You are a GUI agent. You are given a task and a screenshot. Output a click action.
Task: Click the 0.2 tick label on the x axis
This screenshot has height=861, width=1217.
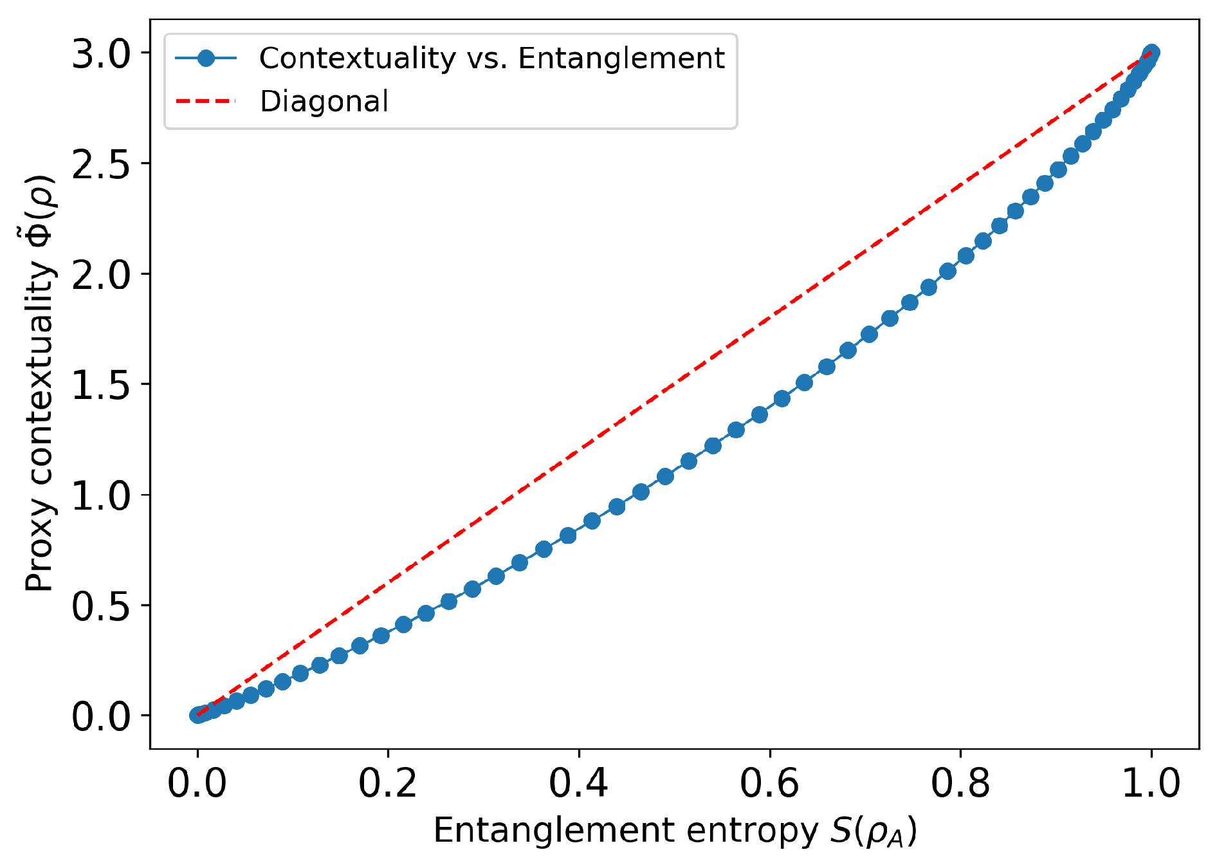click(388, 784)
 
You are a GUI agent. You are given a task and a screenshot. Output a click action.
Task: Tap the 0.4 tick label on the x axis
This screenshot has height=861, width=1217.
click(578, 784)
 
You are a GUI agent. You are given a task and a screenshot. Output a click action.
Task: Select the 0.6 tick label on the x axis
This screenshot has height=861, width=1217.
click(769, 784)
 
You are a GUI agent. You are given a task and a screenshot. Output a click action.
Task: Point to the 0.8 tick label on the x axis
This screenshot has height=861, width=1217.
click(960, 784)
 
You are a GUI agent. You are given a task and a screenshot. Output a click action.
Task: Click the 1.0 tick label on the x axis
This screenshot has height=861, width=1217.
click(1151, 784)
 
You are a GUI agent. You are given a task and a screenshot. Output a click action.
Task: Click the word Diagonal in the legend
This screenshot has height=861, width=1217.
click(324, 102)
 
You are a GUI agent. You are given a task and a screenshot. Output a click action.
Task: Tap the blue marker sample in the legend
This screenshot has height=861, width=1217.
click(206, 58)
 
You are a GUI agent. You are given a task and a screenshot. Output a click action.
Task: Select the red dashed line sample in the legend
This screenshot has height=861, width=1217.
click(206, 101)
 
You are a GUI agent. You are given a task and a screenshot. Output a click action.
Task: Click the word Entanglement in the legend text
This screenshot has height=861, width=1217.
click(621, 59)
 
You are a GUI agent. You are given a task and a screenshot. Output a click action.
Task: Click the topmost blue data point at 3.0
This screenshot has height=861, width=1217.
click(1151, 52)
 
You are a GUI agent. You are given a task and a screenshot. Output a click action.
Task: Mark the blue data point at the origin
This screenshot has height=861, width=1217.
click(197, 715)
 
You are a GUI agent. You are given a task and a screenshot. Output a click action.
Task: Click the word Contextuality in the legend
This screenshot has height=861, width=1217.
click(358, 58)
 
